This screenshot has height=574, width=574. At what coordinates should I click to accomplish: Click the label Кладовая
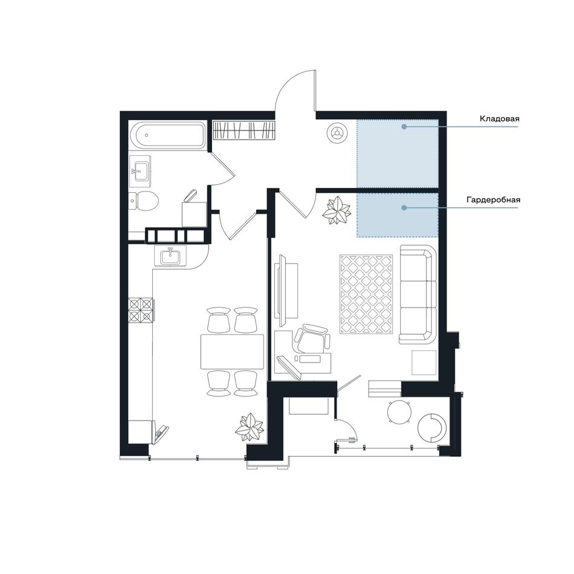click(499, 119)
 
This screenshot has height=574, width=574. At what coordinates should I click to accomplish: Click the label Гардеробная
click(494, 200)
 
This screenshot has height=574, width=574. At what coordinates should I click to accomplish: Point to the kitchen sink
click(170, 255)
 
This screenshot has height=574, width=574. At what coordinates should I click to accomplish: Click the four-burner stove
click(141, 310)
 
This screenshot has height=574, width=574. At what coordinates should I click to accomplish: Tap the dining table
click(232, 352)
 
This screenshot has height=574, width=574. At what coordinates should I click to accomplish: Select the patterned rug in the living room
click(366, 294)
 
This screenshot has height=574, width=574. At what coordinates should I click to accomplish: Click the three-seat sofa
click(418, 294)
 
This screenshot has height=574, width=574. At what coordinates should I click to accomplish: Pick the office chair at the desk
click(312, 338)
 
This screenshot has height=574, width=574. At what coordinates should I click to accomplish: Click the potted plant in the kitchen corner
click(250, 427)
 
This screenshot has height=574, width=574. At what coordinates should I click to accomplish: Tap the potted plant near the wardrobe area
click(336, 210)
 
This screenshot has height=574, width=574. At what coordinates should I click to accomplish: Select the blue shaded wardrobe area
click(398, 215)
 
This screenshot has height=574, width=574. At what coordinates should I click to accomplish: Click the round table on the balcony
click(399, 412)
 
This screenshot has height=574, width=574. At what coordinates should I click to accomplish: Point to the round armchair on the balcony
click(432, 428)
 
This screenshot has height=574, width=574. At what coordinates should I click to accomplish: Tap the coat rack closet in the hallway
click(243, 131)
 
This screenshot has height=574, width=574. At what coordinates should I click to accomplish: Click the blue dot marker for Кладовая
click(404, 127)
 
